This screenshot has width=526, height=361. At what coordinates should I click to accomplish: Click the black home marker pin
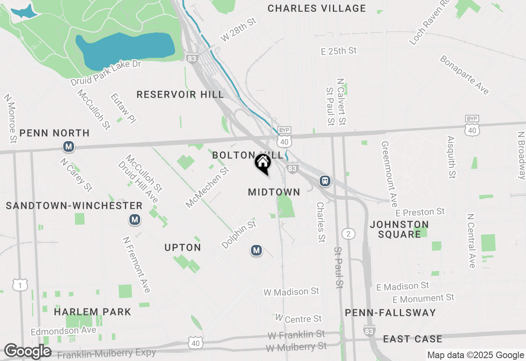[x=263, y=163]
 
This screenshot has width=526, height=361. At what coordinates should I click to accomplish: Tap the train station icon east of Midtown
[x=325, y=180]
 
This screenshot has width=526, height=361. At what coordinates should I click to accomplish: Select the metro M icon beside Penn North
[x=69, y=146]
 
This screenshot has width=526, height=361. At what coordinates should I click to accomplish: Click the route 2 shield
[x=348, y=234]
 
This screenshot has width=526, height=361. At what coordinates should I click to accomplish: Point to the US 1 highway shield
[x=20, y=285]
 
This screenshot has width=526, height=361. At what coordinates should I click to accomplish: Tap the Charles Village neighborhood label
[x=316, y=8]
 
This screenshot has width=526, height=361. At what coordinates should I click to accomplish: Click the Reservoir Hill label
[x=180, y=95]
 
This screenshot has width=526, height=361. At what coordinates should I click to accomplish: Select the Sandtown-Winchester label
[x=74, y=206]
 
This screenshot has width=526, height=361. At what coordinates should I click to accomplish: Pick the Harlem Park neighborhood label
[x=92, y=312]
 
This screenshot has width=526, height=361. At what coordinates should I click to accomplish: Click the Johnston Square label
[x=399, y=229]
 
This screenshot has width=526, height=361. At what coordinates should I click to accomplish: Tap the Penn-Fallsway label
[x=390, y=313]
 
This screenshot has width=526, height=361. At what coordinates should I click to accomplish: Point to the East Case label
[x=413, y=339]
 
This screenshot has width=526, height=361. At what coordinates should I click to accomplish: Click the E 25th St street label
[x=339, y=51]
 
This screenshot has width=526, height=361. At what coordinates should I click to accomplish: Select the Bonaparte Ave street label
[x=464, y=75]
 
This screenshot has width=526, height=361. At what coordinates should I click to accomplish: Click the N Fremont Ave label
[x=136, y=265]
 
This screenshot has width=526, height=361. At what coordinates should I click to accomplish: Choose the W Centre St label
[x=298, y=318]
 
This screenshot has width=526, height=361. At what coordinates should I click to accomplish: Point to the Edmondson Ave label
[x=63, y=331]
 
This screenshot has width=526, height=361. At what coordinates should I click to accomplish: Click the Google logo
[x=28, y=352]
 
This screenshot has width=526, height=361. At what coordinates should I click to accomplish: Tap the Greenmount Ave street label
[x=389, y=174]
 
